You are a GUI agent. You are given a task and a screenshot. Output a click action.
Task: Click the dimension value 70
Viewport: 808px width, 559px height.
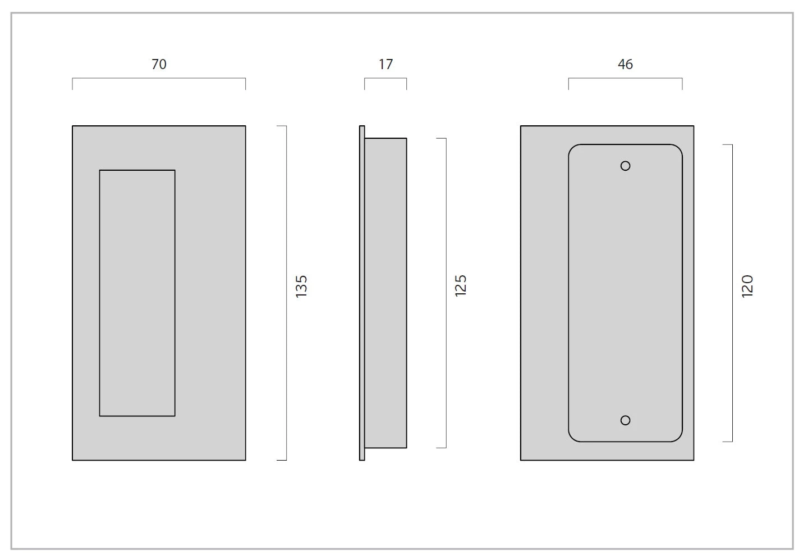tap(159, 64)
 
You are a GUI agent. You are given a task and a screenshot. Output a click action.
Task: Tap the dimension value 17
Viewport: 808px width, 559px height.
tap(385, 64)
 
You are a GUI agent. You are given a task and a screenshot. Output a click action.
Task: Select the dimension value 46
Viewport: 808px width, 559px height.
tap(625, 64)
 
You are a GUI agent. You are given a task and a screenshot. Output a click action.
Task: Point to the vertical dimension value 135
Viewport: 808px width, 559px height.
tap(301, 287)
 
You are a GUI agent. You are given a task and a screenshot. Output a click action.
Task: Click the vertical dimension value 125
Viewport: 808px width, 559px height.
tap(461, 285)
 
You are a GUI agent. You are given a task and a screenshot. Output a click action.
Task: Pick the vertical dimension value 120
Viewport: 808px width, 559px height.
tap(747, 286)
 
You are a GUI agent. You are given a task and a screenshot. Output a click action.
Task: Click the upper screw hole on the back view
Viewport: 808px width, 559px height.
tap(625, 166)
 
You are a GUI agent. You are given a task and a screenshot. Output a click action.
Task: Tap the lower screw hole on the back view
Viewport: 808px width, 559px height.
tap(625, 420)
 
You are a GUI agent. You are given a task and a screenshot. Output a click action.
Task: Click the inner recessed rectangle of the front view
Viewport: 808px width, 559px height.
tap(137, 293)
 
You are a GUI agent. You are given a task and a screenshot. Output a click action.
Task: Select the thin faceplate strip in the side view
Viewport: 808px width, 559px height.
tap(362, 293)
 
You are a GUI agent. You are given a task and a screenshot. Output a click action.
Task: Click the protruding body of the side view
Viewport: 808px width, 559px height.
tap(385, 293)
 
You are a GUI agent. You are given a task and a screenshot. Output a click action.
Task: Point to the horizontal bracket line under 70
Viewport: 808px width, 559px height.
tap(159, 78)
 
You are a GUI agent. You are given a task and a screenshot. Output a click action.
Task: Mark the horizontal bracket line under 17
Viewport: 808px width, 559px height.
tap(385, 78)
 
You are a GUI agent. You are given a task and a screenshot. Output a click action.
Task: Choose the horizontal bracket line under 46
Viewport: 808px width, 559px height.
tap(625, 78)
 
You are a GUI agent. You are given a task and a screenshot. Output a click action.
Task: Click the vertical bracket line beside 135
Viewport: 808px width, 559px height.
tap(286, 293)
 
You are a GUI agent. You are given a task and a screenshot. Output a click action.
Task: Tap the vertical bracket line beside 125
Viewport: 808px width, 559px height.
tap(446, 293)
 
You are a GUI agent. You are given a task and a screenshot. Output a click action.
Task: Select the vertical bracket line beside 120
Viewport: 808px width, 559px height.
tap(732, 293)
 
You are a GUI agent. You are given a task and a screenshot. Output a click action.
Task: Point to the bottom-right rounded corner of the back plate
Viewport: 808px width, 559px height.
tap(678, 438)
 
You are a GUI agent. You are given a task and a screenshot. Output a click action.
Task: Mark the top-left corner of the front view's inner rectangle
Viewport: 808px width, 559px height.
tap(99, 170)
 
